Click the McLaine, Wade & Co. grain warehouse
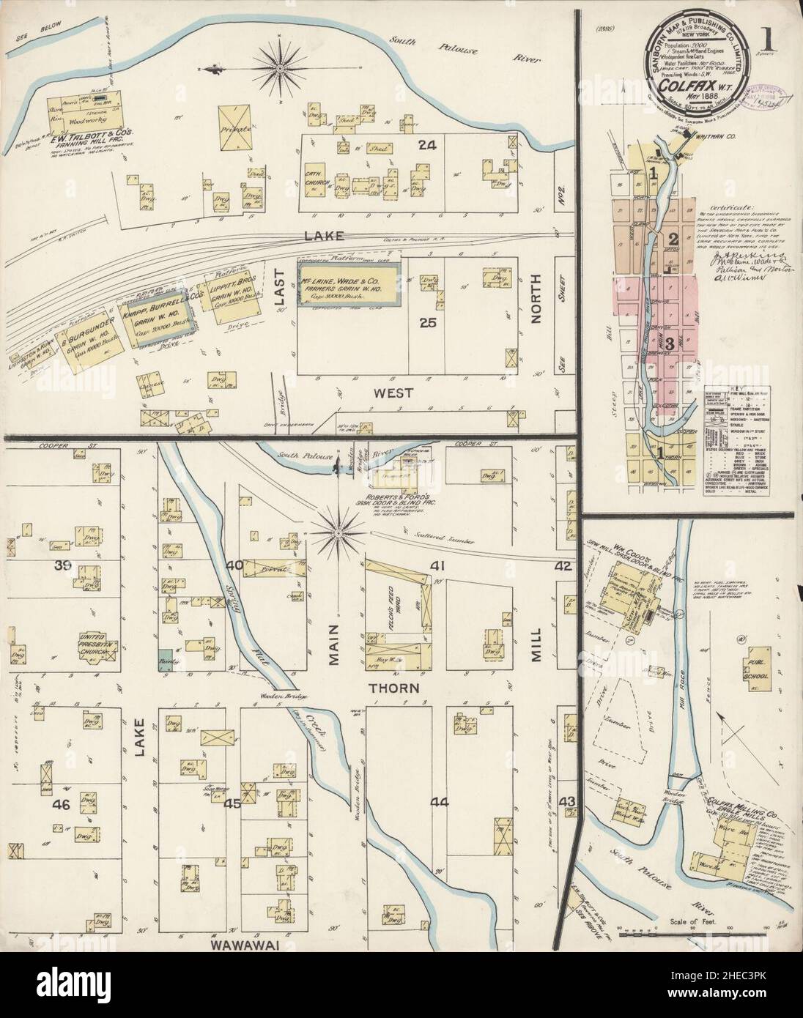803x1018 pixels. (349, 285)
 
